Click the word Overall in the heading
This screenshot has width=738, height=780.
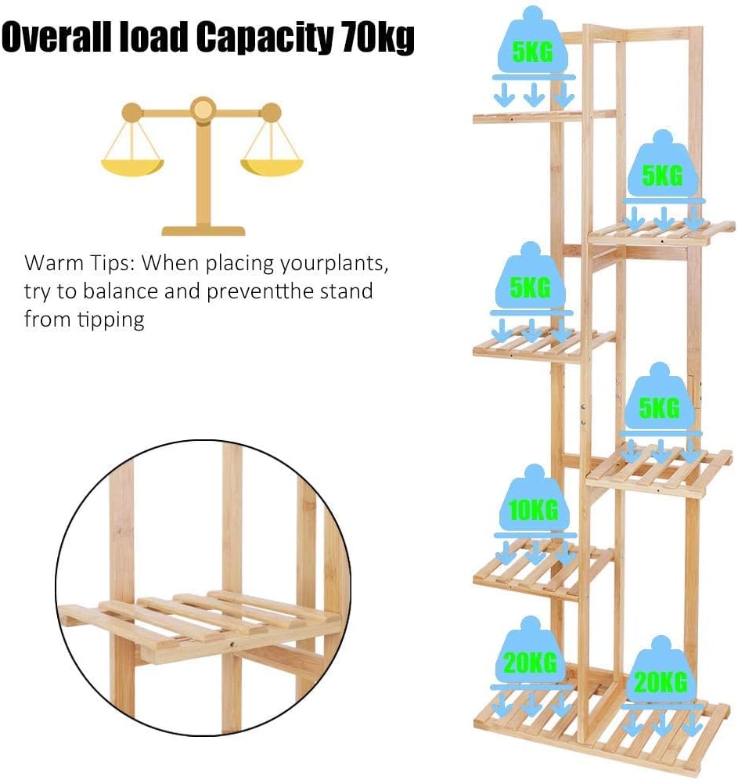tap(56, 37)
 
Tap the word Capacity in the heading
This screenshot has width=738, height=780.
tap(264, 39)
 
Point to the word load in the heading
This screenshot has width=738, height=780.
tap(153, 37)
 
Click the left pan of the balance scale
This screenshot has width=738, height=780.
tap(132, 166)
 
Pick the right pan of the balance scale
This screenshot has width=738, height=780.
tap(272, 166)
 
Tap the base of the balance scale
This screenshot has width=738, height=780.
tap(203, 231)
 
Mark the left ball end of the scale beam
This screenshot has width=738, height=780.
tap(131, 113)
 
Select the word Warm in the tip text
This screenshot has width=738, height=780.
tap(54, 262)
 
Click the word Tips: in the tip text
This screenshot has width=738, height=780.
tap(111, 264)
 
